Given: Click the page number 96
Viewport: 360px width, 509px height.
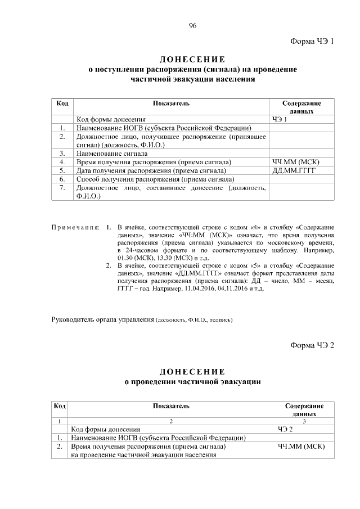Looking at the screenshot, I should pyautogui.click(x=192, y=26).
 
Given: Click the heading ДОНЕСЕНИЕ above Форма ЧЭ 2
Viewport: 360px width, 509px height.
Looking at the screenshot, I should pyautogui.click(x=192, y=372).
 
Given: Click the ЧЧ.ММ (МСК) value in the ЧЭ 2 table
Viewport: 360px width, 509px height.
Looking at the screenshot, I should pyautogui.click(x=302, y=446).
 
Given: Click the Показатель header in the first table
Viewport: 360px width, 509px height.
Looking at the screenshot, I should pyautogui.click(x=171, y=103).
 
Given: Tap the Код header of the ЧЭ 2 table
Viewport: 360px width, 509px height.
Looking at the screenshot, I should pyautogui.click(x=59, y=406).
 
